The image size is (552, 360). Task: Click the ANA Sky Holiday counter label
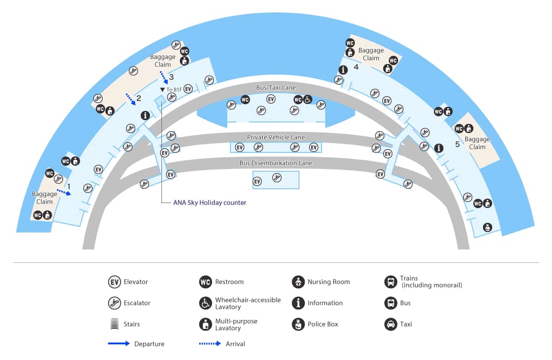pos(210,203)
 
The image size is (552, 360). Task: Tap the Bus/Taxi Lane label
pos(276,87)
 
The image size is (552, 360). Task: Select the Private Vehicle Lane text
pos(276,137)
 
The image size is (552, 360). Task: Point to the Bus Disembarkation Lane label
pos(276,163)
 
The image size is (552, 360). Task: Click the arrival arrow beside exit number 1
pos(64,192)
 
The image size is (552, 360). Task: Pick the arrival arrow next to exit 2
pos(131,99)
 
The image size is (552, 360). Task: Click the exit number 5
pos(457,144)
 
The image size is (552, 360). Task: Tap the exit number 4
pos(356,67)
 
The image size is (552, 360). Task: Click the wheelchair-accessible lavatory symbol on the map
pos(307,99)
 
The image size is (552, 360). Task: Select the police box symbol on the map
pos(488,227)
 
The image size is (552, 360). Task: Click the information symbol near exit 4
pos(343,70)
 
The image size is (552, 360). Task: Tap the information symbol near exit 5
pos(439,148)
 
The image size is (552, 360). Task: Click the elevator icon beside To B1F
pos(188,89)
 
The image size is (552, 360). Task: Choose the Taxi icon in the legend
pos(391,324)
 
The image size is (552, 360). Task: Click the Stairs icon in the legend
pos(115,324)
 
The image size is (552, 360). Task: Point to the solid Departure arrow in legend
pos(119,343)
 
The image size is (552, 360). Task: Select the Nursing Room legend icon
pos(298,282)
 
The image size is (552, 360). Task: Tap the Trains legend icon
pos(391,282)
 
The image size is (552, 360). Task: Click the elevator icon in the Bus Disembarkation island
pos(257,181)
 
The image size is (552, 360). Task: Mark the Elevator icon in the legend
pos(115,282)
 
